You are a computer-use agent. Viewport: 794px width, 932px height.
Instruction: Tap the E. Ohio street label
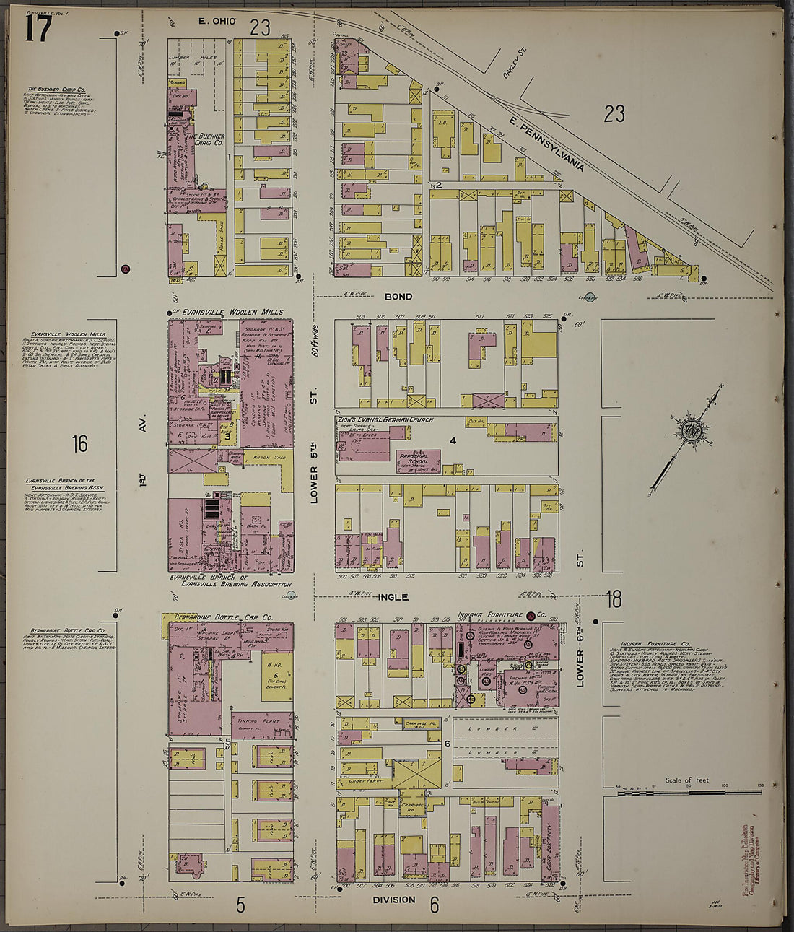click(x=218, y=22)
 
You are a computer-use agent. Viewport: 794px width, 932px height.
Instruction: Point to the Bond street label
click(x=398, y=297)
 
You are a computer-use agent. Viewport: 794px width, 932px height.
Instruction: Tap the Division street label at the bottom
click(x=394, y=900)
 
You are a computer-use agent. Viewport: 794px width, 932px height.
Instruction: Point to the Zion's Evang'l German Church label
click(x=385, y=419)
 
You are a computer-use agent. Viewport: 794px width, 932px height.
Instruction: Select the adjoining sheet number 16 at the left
click(x=79, y=443)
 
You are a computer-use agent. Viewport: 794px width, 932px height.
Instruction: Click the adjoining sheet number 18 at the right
click(x=614, y=598)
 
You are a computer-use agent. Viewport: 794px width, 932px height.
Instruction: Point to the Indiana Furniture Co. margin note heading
click(x=655, y=643)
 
